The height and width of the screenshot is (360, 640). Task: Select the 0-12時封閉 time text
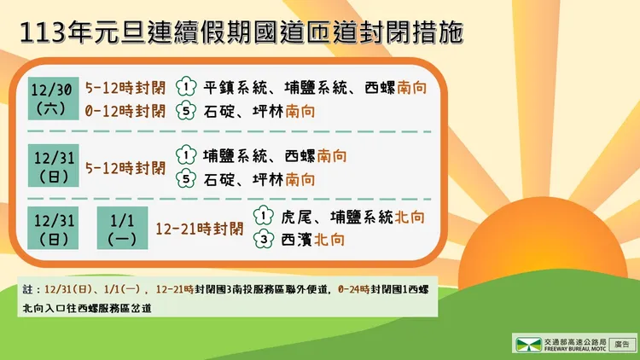[x=125, y=110]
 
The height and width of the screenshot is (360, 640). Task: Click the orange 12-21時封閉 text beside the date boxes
[x=199, y=229]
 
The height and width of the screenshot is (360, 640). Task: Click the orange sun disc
[x=546, y=256]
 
